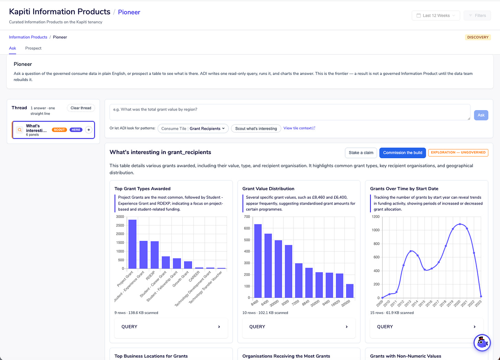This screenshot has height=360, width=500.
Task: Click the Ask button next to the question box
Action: (x=481, y=115)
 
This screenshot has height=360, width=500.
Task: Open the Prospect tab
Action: (x=33, y=48)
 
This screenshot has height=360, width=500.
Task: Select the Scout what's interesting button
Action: (x=256, y=128)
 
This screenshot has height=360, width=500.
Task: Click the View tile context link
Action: (x=299, y=128)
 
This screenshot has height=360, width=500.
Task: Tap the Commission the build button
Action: (x=402, y=153)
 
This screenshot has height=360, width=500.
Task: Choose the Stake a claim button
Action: (x=361, y=153)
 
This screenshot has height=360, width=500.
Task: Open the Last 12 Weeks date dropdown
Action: (x=436, y=15)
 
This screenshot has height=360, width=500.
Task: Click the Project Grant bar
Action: (x=132, y=244)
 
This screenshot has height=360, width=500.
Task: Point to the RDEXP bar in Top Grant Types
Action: (x=155, y=255)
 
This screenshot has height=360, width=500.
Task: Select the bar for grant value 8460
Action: (x=258, y=261)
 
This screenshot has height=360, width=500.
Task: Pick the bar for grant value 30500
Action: (x=350, y=291)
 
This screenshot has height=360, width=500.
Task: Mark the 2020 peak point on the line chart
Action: (x=460, y=224)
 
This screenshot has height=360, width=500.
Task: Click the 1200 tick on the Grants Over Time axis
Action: (x=375, y=217)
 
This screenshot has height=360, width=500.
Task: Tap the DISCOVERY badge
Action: (x=478, y=37)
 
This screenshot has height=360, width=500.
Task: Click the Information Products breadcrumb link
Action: (x=28, y=37)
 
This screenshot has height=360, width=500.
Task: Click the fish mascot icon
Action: (x=482, y=342)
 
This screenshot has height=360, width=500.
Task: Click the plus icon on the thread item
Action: (x=89, y=130)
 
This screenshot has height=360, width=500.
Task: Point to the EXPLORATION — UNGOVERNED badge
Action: (x=458, y=153)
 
